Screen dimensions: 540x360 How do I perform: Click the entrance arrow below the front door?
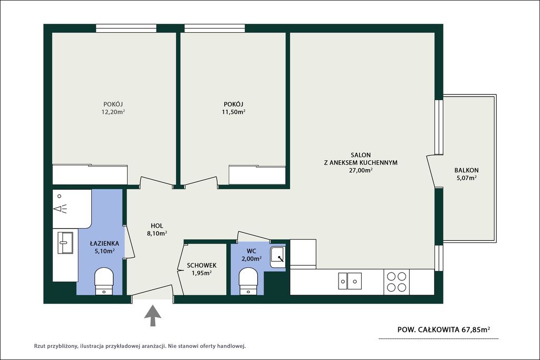tap(152, 316)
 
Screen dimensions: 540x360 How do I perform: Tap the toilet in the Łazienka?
tap(104, 281)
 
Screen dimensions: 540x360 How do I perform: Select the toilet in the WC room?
tap(248, 281)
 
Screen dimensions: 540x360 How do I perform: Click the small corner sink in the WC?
tap(277, 257)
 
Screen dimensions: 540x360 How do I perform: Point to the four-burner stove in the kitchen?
tap(397, 282)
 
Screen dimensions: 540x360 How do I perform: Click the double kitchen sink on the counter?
tap(350, 280)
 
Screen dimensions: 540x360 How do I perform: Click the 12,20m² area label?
tap(113, 112)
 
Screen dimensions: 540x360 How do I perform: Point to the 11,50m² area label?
tap(234, 112)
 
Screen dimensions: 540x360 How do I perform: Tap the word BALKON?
tap(466, 170)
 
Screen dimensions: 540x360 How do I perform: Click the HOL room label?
tap(157, 226)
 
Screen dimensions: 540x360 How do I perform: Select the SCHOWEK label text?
tap(202, 265)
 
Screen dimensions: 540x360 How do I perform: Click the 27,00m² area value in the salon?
tap(361, 170)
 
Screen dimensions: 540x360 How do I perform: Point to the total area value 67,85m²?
tap(476, 329)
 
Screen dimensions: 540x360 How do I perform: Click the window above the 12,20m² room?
tap(126, 28)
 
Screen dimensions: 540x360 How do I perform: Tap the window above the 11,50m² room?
tap(215, 28)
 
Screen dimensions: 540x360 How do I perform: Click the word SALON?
tap(361, 155)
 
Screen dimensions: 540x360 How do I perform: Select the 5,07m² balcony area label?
tap(466, 178)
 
